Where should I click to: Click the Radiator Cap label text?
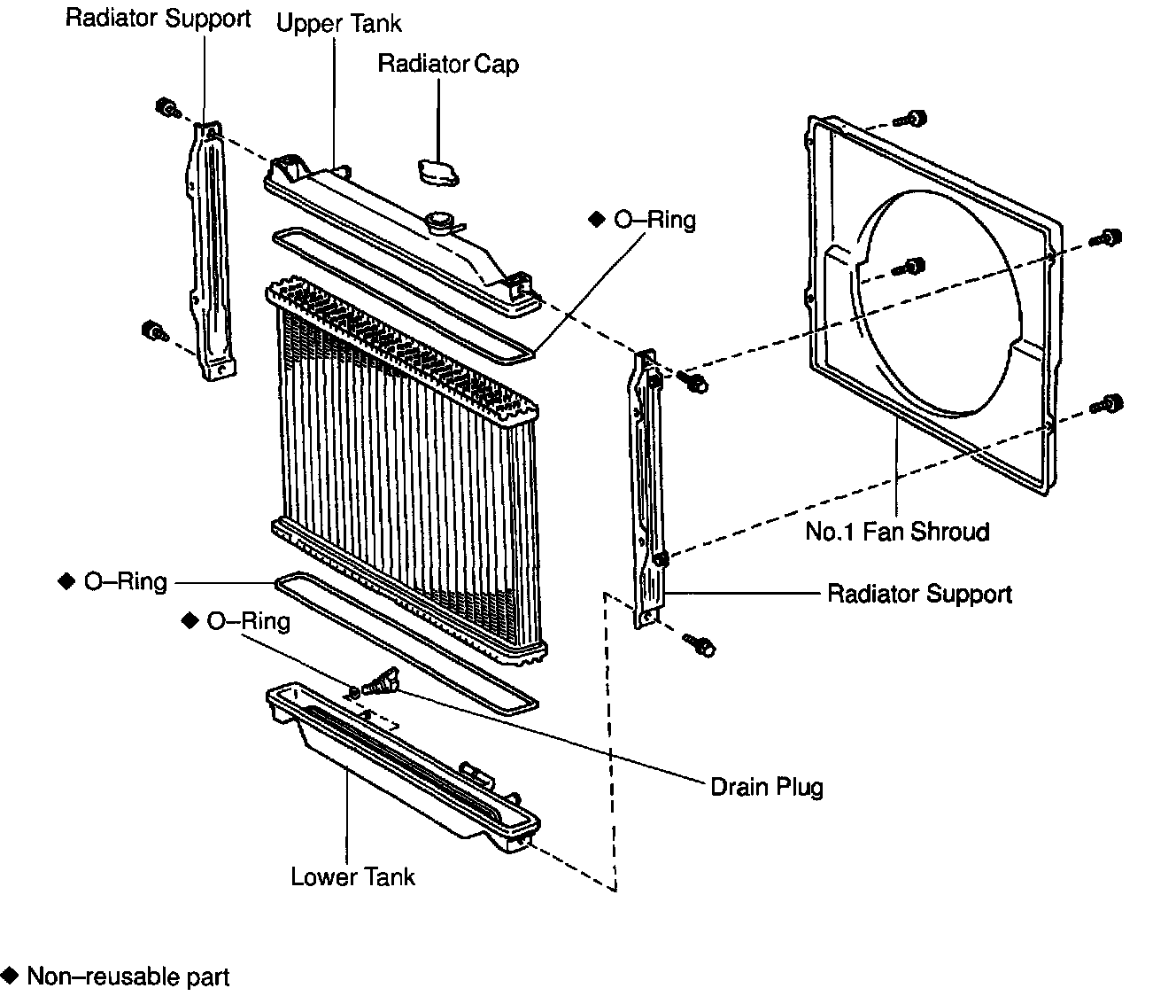(447, 65)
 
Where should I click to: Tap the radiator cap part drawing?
(439, 171)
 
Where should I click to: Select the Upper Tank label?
(338, 23)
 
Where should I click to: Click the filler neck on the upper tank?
(440, 222)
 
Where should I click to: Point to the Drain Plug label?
(767, 787)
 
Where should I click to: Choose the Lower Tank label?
(352, 877)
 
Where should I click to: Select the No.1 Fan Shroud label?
(897, 532)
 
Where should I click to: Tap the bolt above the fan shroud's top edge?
(914, 118)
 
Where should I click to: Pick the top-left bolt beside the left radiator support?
(166, 109)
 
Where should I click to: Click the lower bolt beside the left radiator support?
(154, 332)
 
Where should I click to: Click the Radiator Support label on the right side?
(919, 594)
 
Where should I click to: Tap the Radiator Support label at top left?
(159, 19)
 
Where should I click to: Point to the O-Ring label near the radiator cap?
(654, 220)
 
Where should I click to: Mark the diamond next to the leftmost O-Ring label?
(66, 581)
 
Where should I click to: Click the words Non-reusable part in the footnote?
(128, 977)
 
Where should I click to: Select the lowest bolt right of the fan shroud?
(1110, 403)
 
